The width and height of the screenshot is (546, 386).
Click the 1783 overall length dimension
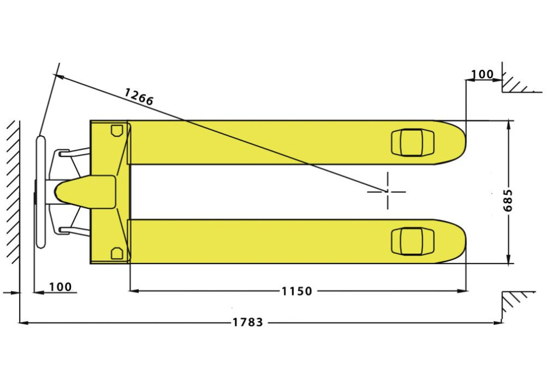248,322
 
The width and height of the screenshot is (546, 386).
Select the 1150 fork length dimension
296,291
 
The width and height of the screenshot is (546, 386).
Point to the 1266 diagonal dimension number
139,97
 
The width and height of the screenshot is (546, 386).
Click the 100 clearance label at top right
482,74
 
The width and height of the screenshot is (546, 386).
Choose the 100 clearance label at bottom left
60,287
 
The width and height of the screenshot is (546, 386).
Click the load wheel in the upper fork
413,142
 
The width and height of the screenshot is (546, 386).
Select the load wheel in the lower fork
413,241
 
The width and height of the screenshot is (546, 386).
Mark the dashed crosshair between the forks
387,191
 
